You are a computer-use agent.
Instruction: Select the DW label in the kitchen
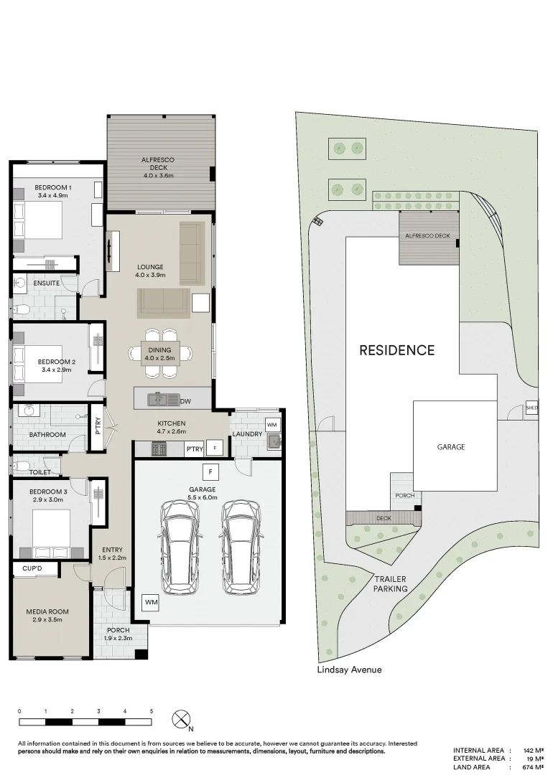tap(185, 401)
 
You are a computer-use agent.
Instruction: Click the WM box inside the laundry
tap(272, 425)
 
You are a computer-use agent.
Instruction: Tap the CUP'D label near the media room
tap(32, 568)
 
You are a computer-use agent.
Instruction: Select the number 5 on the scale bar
tap(152, 711)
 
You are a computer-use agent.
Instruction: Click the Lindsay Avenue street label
tap(349, 670)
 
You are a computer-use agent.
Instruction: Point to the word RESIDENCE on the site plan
tap(396, 350)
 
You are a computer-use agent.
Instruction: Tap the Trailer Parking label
tap(389, 583)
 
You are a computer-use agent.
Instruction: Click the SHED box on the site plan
tap(531, 408)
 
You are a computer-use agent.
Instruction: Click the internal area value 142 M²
tap(531, 750)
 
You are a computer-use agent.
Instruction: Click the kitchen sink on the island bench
tap(157, 399)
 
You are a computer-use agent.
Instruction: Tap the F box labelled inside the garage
tap(210, 472)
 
